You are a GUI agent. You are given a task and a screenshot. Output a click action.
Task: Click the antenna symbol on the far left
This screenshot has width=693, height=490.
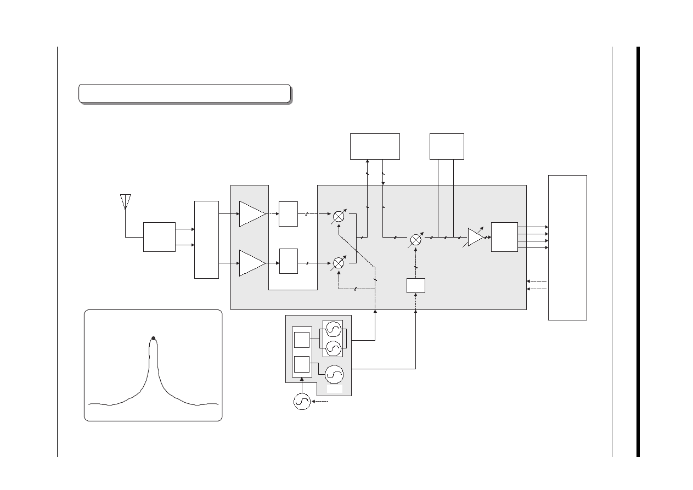click(x=126, y=201)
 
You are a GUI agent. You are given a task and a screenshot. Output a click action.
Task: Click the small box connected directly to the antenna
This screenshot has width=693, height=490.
click(x=159, y=237)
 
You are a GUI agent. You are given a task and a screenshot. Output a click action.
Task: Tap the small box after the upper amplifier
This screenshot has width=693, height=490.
click(x=288, y=214)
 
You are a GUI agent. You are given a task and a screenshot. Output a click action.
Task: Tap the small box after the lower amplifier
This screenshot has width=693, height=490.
click(x=288, y=261)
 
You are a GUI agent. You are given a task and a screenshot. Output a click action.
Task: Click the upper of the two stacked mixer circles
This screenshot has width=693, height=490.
click(x=339, y=217)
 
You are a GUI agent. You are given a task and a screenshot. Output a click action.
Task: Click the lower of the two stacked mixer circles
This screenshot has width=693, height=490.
click(x=339, y=263)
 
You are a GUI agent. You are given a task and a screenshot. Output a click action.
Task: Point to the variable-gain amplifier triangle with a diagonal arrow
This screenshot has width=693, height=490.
click(x=475, y=238)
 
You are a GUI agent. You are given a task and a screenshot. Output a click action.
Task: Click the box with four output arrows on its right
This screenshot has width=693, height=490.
click(x=504, y=237)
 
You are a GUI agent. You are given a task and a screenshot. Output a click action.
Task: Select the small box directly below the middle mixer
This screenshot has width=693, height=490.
click(x=416, y=285)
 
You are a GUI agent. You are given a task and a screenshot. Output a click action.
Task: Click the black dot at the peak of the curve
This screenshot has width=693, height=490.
click(x=154, y=338)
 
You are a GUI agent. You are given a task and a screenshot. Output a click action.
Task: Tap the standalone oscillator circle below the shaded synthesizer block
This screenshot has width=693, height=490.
click(x=302, y=402)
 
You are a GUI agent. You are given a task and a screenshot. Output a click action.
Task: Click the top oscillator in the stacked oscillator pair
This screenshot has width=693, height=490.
click(x=334, y=329)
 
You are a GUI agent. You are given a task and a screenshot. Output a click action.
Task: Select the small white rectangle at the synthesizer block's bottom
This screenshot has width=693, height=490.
click(x=334, y=389)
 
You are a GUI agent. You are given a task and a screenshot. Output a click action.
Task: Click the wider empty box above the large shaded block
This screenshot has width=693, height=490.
click(x=375, y=146)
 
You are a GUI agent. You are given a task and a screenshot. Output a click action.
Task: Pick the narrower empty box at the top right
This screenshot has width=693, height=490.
click(x=447, y=146)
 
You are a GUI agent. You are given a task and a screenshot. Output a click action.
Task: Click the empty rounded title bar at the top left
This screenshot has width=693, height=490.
click(x=184, y=93)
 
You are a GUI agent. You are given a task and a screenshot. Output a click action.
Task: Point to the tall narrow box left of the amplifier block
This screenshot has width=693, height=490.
click(x=206, y=239)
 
